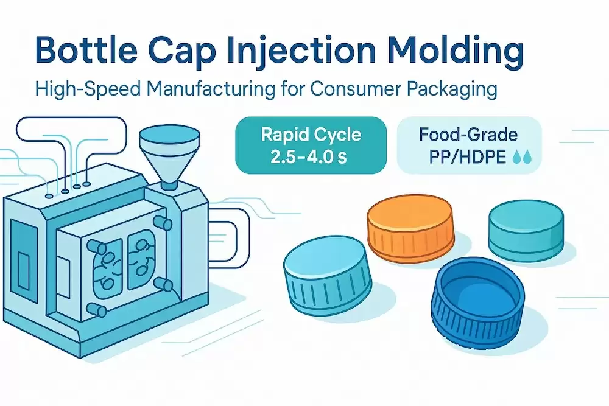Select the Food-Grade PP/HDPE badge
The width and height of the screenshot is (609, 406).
tap(468, 144)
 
